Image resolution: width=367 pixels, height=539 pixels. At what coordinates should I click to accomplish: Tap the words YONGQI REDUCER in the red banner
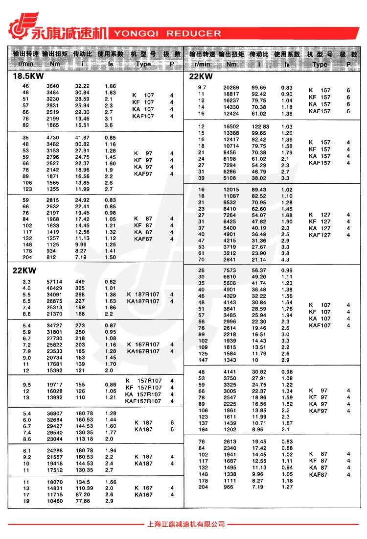pyautogui.click(x=167, y=34)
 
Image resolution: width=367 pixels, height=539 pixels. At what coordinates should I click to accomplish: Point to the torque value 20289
pyautogui.click(x=231, y=87)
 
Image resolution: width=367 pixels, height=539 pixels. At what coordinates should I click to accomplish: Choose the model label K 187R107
pyautogui.click(x=143, y=294)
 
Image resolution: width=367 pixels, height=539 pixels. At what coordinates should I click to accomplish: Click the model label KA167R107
pyautogui.click(x=143, y=351)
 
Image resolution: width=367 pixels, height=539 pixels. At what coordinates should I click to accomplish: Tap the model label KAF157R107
pyautogui.click(x=143, y=401)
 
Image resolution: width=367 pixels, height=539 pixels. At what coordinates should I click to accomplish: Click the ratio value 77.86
pyautogui.click(x=83, y=501)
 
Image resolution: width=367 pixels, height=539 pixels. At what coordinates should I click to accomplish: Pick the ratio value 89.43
pyautogui.click(x=259, y=190)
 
